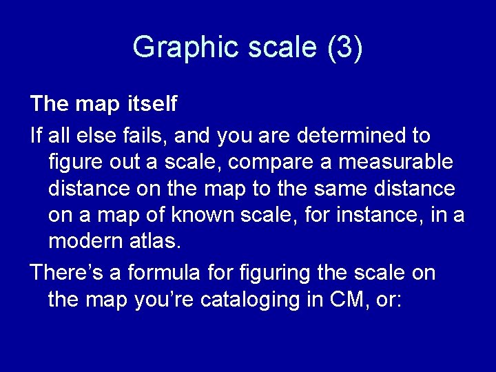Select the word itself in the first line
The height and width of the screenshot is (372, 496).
[x=152, y=104]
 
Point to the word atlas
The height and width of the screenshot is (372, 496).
[x=158, y=241]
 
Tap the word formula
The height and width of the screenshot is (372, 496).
[x=154, y=272]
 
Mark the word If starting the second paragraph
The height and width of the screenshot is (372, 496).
[x=36, y=136]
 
